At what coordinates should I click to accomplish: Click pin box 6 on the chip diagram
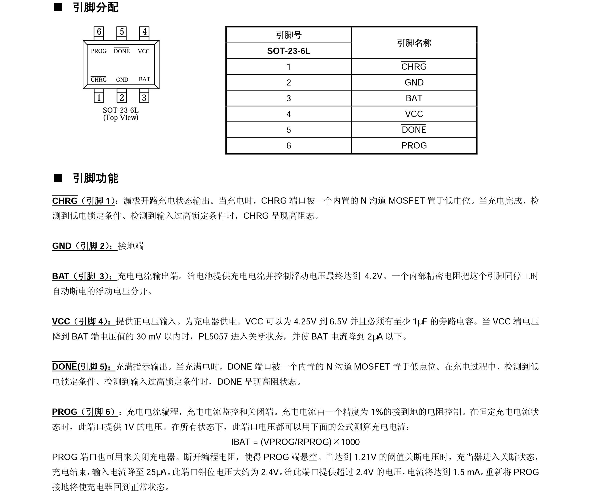(x=99, y=32)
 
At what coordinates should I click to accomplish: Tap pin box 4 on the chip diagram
(x=144, y=32)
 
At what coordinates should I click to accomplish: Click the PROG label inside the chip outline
(x=98, y=51)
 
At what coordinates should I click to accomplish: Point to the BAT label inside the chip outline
(x=144, y=79)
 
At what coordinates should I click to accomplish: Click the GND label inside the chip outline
(x=122, y=80)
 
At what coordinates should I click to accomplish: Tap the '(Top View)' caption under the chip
(x=121, y=118)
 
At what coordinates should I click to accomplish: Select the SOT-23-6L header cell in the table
(x=288, y=51)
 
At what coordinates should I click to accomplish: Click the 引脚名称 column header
(x=414, y=43)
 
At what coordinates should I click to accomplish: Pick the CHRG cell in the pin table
(x=414, y=67)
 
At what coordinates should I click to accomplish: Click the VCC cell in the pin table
(x=414, y=114)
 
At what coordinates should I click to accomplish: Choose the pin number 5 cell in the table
(x=288, y=130)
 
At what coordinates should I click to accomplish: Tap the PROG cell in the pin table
(x=414, y=145)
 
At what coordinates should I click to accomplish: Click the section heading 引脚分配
(x=96, y=7)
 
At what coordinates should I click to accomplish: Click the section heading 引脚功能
(x=96, y=178)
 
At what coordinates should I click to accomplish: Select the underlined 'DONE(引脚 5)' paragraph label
(x=83, y=367)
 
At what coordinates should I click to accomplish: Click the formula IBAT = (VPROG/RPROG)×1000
(x=295, y=442)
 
